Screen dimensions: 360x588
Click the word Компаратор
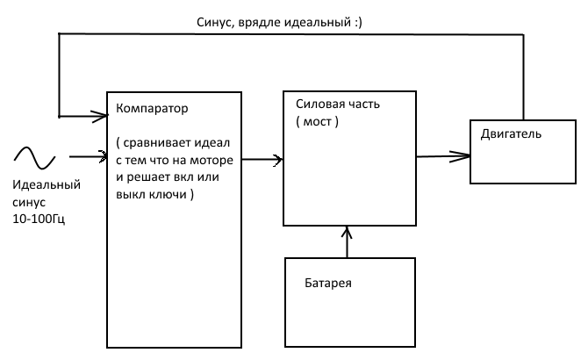(153, 109)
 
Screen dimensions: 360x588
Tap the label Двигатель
(511, 134)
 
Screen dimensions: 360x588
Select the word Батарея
(328, 284)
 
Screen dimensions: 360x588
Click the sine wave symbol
(33, 158)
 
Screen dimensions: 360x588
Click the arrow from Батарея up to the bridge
(348, 242)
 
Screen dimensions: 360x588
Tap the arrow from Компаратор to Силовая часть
(262, 160)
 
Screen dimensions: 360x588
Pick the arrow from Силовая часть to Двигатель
(443, 156)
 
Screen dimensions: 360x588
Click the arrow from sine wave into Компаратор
(86, 158)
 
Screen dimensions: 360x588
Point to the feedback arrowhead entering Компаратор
(97, 114)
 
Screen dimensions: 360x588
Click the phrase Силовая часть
(338, 104)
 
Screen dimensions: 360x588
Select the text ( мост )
(317, 120)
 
